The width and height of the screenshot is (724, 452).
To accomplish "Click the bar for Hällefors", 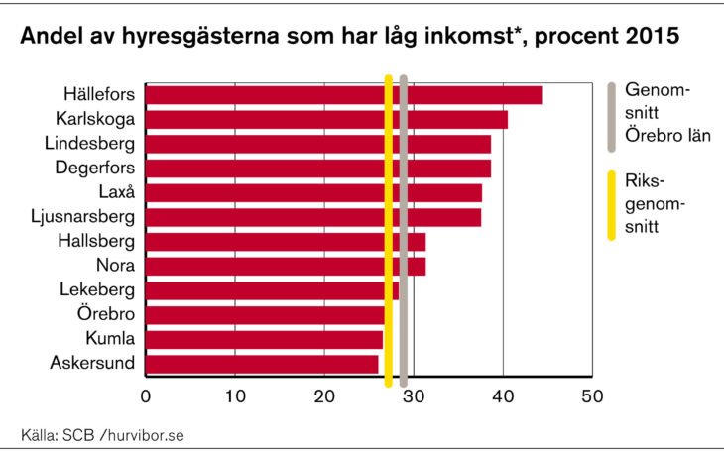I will click(343, 95).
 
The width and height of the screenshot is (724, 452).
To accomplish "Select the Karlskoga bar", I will click(326, 120).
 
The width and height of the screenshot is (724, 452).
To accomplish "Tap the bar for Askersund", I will click(262, 364).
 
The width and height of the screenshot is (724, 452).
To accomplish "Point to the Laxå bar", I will click(313, 192).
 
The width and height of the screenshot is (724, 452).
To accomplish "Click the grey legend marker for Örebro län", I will click(612, 116).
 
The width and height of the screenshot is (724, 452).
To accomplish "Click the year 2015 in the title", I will click(651, 38).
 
